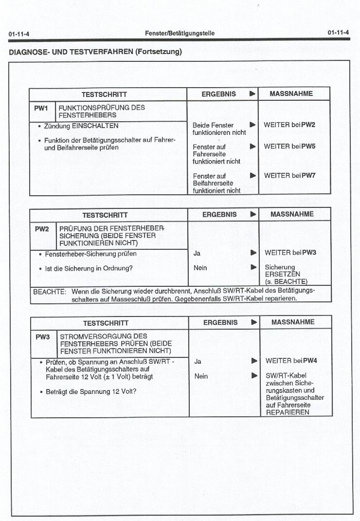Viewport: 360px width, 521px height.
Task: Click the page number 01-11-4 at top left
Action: point(19,34)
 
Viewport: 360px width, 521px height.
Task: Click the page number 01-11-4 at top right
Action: point(338,33)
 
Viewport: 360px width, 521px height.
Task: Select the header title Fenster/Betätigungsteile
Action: point(180,33)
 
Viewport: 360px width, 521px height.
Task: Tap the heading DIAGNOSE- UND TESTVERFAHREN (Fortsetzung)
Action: point(95,51)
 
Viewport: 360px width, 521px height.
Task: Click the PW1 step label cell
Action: point(41,108)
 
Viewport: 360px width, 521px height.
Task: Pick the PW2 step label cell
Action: point(42,228)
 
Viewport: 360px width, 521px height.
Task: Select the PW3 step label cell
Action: point(43,336)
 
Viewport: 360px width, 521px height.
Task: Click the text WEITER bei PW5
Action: point(289,146)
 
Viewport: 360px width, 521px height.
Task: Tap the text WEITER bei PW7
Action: point(289,175)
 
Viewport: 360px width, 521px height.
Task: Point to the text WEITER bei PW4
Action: point(291,361)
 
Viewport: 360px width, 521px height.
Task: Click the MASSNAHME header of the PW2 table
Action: point(292,214)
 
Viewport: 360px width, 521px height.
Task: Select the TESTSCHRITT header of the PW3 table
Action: point(106,323)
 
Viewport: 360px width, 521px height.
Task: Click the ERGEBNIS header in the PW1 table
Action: point(219,94)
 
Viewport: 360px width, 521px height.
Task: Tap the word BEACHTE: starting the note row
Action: point(49,292)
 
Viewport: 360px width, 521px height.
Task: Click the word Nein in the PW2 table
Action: point(200,268)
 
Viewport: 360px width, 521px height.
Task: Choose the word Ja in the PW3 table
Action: point(198,361)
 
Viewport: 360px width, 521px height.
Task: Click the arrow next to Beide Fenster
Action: point(252,125)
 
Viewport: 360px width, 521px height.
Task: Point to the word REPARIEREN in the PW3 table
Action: point(287,412)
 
